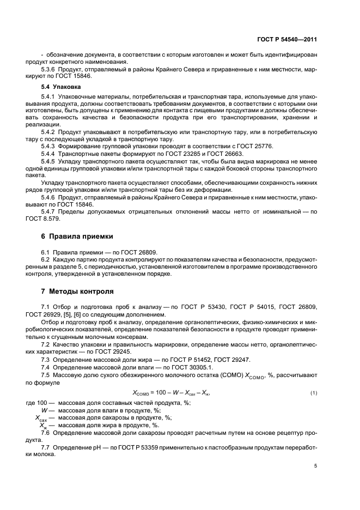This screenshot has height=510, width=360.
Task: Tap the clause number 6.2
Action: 46,260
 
